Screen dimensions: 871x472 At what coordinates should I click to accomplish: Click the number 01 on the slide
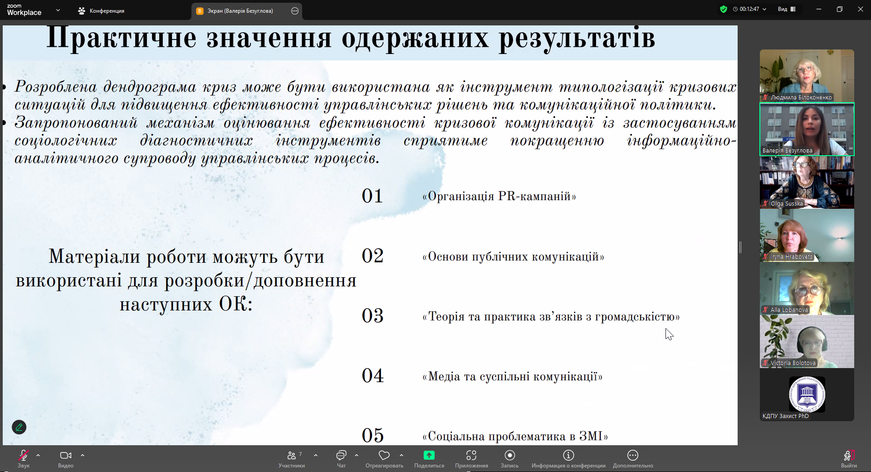[372, 196]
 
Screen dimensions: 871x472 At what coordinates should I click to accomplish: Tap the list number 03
[372, 316]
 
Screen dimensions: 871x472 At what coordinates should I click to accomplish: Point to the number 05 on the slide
[372, 436]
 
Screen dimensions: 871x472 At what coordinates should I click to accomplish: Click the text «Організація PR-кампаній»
[499, 197]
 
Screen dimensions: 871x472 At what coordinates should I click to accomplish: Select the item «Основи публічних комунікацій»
[513, 257]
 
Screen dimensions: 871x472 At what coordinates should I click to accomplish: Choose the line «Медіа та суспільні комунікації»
[512, 377]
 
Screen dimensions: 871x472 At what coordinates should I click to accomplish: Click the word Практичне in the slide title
[121, 38]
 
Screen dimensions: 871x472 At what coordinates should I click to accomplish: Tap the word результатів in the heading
[577, 38]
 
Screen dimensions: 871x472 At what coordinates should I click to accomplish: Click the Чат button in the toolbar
[341, 458]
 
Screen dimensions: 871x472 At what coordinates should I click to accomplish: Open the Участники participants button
[292, 458]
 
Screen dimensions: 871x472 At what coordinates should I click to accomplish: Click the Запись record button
[509, 458]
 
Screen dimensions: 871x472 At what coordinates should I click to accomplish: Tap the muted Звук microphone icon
[24, 455]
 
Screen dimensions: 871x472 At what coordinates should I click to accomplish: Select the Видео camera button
[66, 458]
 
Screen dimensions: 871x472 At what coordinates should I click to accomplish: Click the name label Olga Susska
[787, 204]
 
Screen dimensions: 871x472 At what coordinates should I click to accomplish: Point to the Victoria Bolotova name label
[793, 363]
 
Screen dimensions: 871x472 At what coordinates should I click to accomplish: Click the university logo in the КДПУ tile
[807, 394]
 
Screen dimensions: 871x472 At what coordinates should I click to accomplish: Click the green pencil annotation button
[19, 427]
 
